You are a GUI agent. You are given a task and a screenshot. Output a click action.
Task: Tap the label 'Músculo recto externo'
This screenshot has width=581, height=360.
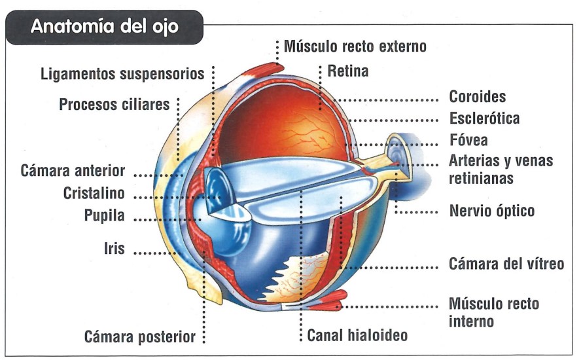point(355,47)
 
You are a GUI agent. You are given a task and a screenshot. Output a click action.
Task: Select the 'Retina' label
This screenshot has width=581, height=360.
point(348,71)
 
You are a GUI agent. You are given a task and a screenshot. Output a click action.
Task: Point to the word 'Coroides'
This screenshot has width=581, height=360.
point(478,97)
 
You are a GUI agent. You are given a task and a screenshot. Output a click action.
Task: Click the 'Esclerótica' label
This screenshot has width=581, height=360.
point(484,118)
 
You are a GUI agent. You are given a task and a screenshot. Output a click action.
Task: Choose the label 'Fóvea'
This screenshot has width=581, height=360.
point(468,140)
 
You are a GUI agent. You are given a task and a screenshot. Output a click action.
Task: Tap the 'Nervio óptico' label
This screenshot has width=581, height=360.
point(491,211)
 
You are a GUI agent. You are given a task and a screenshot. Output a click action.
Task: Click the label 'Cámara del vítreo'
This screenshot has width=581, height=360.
point(506,264)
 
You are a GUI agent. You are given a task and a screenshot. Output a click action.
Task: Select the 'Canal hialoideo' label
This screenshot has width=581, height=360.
point(357,336)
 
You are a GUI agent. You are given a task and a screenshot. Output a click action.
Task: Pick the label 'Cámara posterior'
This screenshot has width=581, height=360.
point(140,337)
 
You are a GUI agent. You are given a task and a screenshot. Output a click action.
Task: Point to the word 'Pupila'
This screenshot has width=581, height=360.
point(105,216)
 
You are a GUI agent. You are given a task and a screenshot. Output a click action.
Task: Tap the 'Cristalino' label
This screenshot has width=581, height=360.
point(94,194)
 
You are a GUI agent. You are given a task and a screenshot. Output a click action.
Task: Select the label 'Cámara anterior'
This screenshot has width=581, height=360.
point(73,171)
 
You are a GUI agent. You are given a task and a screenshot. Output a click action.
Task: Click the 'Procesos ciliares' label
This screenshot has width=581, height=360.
point(114,105)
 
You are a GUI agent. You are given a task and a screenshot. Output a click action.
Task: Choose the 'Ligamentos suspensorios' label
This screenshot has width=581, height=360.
point(122,73)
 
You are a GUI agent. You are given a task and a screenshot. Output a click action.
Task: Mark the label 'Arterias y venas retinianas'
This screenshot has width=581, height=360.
point(501,169)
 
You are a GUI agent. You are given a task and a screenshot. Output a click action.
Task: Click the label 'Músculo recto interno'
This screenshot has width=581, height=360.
point(493,312)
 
